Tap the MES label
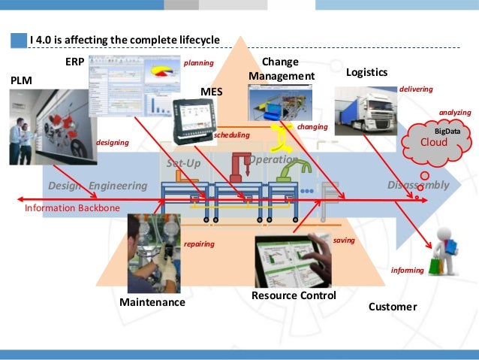click(x=212, y=91)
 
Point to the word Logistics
click(x=366, y=73)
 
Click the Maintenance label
click(x=152, y=303)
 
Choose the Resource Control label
click(x=294, y=296)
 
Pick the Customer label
click(x=393, y=307)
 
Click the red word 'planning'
click(x=198, y=63)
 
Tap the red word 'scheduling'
click(x=231, y=135)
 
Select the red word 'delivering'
click(x=416, y=89)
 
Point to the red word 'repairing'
click(x=199, y=244)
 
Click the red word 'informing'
click(x=408, y=269)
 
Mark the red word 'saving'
click(x=343, y=239)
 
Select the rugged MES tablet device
click(x=195, y=120)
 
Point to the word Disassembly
click(x=418, y=185)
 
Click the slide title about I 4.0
click(x=125, y=39)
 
